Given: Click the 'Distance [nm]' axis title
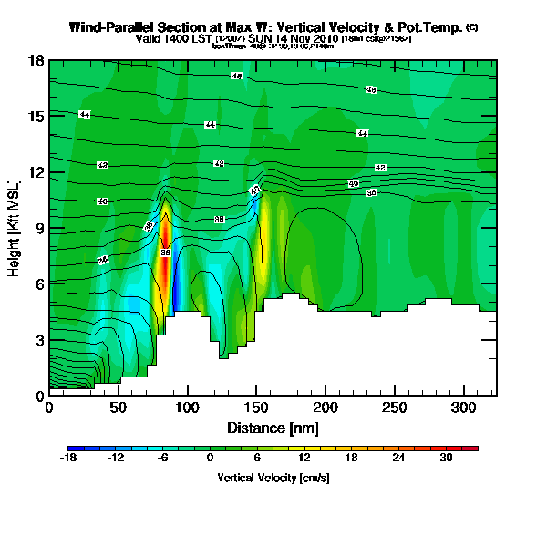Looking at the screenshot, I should [273, 427].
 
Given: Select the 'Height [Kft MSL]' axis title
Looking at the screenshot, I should [15, 228].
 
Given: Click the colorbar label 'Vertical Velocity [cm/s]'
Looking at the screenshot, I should [273, 478].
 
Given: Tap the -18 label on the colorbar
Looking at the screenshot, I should [69, 459].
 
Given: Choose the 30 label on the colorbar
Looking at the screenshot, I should [445, 459].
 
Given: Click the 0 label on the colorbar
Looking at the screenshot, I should [210, 459].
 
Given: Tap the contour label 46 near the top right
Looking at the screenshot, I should [371, 90].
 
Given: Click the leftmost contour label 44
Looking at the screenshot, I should [85, 115].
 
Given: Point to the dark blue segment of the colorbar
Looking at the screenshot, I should [77, 449].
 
